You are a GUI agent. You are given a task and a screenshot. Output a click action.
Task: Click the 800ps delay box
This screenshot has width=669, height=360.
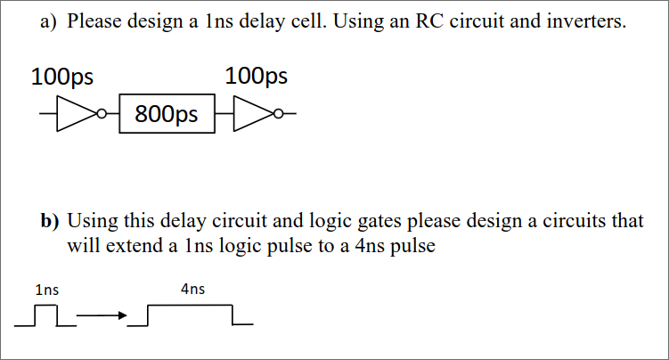point(167,114)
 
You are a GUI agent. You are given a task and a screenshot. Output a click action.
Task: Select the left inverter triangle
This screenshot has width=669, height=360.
point(74,114)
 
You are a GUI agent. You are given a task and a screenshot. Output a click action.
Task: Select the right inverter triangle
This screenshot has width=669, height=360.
point(253,114)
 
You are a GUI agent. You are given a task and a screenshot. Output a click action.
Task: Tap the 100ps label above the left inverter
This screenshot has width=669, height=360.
point(61,77)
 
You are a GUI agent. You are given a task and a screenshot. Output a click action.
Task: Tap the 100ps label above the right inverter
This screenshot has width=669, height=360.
point(257,77)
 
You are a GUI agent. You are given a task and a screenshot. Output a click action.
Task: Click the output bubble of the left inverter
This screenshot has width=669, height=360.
point(102,114)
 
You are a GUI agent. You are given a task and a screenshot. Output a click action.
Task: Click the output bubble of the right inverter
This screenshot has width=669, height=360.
point(280,114)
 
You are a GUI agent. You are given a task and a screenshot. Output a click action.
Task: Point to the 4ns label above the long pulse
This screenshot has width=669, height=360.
point(192,289)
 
